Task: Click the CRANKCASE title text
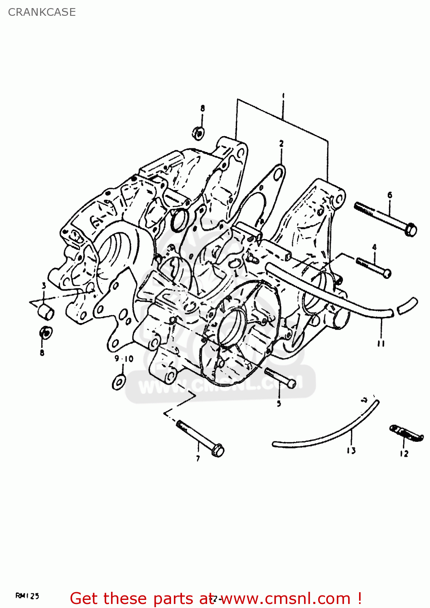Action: click(42, 12)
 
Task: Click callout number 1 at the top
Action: click(283, 96)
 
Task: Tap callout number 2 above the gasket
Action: click(281, 143)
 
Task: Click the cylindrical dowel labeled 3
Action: click(46, 313)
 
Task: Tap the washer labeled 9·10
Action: click(119, 382)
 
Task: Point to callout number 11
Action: click(381, 344)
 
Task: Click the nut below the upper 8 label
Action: click(198, 133)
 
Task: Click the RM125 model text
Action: click(27, 596)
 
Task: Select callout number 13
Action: click(351, 450)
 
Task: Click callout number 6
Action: click(390, 195)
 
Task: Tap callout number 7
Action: click(198, 458)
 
